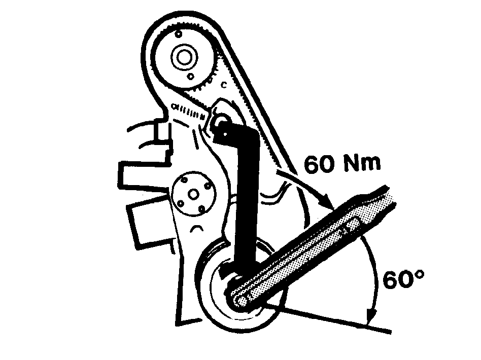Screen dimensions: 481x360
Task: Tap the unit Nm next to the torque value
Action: (362, 163)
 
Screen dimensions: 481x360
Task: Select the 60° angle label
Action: (403, 279)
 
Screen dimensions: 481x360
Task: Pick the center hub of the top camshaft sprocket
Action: (184, 57)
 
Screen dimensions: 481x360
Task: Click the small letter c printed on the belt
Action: (224, 85)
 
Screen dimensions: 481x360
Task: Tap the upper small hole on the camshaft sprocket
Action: (178, 34)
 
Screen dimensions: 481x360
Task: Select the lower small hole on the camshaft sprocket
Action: (191, 76)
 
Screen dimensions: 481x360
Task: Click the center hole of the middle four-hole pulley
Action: (193, 194)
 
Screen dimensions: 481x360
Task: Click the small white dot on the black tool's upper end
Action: (225, 134)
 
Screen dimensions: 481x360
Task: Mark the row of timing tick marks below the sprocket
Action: (189, 111)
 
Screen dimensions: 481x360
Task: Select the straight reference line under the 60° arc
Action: (328, 317)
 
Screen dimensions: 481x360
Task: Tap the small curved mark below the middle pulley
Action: (196, 228)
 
